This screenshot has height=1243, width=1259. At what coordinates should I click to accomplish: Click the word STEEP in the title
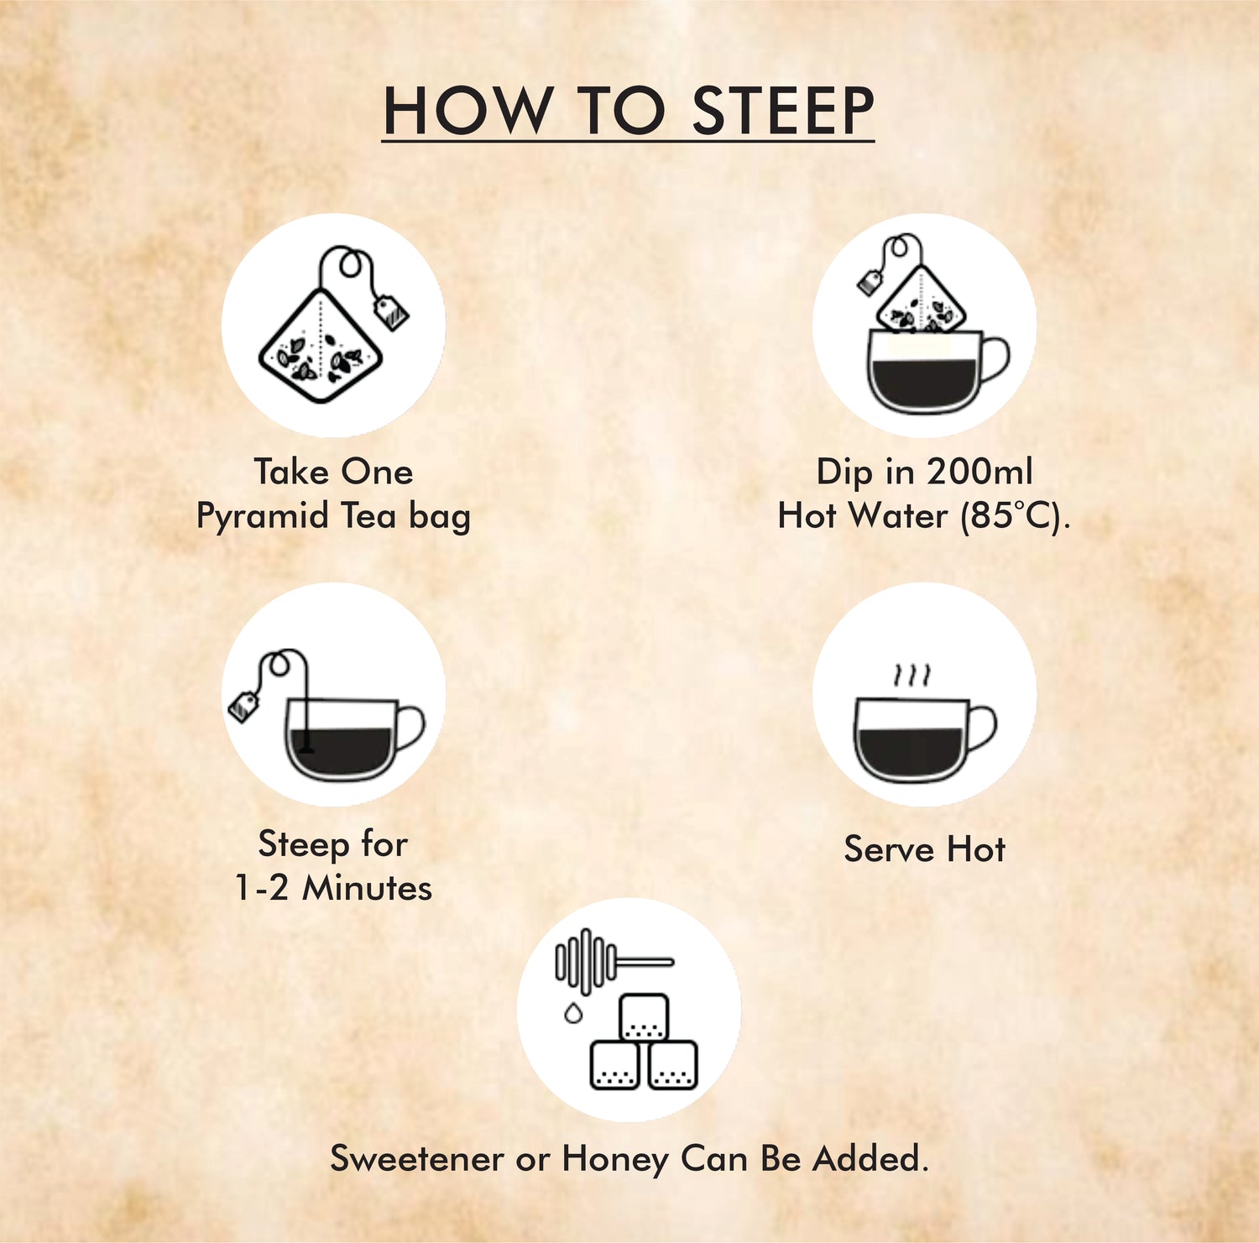tap(782, 111)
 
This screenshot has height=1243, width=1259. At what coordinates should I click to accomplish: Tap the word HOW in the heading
tap(467, 111)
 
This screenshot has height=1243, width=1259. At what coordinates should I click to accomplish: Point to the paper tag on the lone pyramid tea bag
tap(391, 312)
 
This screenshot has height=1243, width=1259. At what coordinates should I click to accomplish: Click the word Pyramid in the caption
tap(263, 516)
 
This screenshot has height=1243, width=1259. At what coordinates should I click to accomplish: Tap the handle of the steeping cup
tap(410, 729)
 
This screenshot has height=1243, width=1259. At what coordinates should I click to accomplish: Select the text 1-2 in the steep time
tap(262, 888)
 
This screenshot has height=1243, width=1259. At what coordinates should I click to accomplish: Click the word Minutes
tap(367, 888)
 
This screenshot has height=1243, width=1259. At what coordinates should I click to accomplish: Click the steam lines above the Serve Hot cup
tap(912, 675)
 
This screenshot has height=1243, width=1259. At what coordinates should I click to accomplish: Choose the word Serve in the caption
tap(889, 849)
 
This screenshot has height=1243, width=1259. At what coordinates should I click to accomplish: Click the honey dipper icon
tap(612, 961)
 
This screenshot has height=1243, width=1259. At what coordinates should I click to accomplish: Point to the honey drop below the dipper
tap(573, 1012)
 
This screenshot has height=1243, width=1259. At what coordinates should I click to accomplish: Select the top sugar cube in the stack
tap(645, 1017)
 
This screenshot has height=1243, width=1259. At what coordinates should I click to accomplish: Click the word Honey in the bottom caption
tap(616, 1160)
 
